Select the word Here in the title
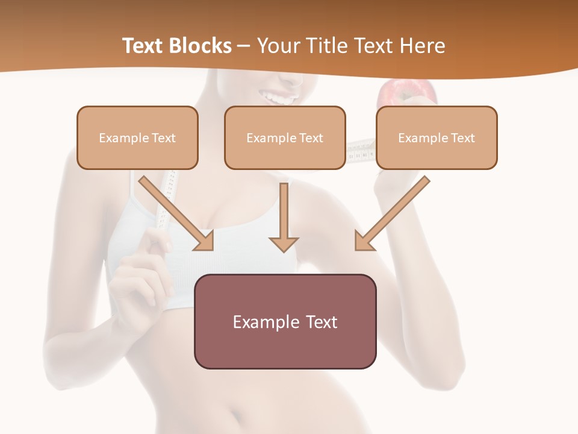click(421, 46)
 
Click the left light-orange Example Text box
click(137, 137)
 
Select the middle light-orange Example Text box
click(285, 137)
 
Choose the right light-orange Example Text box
click(437, 137)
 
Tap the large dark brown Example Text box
click(285, 321)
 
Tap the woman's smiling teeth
click(281, 96)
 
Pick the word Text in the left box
click(163, 137)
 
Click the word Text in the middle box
click(311, 137)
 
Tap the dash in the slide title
click(244, 46)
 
